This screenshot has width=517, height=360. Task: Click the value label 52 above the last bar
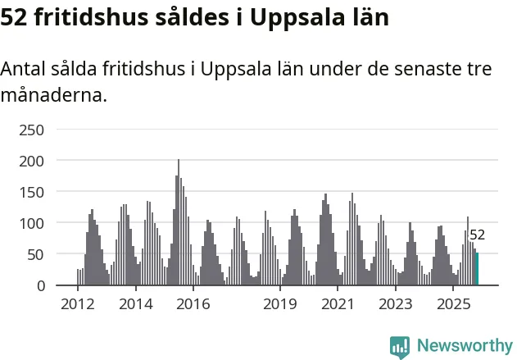pyautogui.click(x=477, y=235)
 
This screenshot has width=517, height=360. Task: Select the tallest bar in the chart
pyautogui.click(x=178, y=223)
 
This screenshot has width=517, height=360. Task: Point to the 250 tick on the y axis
pyautogui.click(x=33, y=130)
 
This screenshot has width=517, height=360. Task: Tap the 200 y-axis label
pyautogui.click(x=33, y=161)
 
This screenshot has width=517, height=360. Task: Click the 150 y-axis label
pyautogui.click(x=33, y=192)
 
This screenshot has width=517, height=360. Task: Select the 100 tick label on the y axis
pyautogui.click(x=33, y=223)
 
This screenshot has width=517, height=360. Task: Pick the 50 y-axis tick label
pyautogui.click(x=36, y=254)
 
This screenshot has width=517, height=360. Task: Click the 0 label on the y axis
pyautogui.click(x=40, y=285)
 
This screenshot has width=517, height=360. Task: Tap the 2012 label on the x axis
pyautogui.click(x=78, y=305)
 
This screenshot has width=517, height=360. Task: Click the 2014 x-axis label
pyautogui.click(x=135, y=305)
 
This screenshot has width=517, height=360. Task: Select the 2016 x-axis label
pyautogui.click(x=193, y=305)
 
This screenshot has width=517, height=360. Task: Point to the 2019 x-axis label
pyautogui.click(x=280, y=305)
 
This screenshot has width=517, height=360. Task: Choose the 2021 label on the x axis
pyautogui.click(x=338, y=305)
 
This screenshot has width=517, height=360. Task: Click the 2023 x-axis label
pyautogui.click(x=396, y=305)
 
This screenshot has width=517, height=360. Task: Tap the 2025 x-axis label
pyautogui.click(x=453, y=305)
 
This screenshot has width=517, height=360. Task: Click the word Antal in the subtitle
pyautogui.click(x=24, y=69)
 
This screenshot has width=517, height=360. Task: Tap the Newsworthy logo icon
pyautogui.click(x=400, y=346)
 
